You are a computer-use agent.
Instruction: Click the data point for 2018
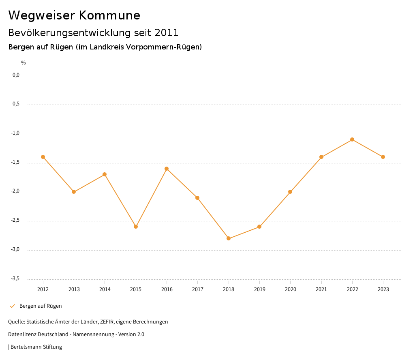click(x=229, y=238)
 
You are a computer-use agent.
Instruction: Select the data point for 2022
click(x=352, y=139)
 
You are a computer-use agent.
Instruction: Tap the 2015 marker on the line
click(x=136, y=227)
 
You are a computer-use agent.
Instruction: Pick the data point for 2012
click(x=43, y=157)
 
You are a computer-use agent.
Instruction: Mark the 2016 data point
click(x=167, y=169)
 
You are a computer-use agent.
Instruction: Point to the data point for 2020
click(x=290, y=192)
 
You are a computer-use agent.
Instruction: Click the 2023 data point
click(x=383, y=157)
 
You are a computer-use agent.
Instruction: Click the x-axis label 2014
click(x=105, y=289)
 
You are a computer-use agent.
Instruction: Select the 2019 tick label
click(x=259, y=289)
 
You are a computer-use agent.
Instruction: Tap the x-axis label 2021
click(x=321, y=289)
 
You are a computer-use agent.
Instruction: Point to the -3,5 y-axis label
click(x=16, y=279)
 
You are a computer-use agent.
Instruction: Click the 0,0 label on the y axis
click(x=16, y=75)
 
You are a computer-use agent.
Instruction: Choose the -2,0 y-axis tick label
click(x=16, y=191)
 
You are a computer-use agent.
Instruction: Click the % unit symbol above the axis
click(x=24, y=63)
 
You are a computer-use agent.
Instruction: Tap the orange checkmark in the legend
click(x=12, y=306)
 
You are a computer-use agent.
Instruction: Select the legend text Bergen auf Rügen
click(x=41, y=306)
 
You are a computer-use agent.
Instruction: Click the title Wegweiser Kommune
click(x=74, y=15)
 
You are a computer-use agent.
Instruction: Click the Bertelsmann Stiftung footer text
click(x=36, y=347)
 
